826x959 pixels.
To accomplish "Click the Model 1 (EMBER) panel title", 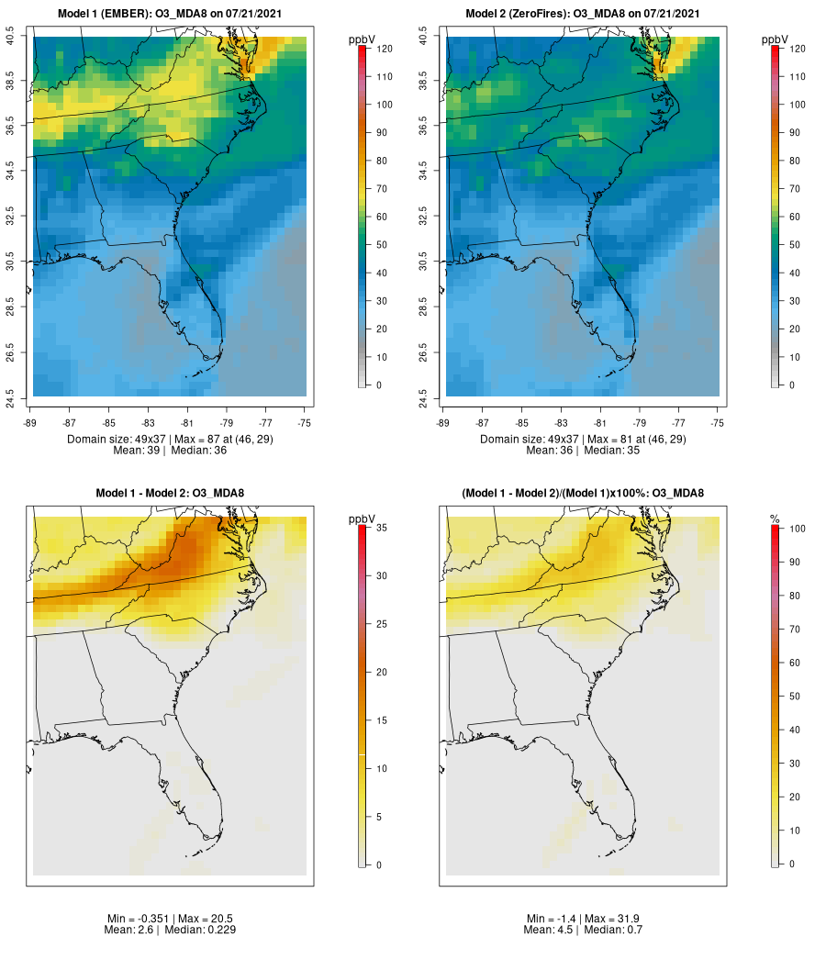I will click(169, 14).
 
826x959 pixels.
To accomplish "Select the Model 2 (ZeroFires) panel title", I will click(583, 14).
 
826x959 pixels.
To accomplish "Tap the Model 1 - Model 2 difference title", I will click(170, 494).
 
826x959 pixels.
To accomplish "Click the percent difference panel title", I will click(583, 494).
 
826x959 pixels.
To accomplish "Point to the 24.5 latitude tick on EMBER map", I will click(11, 397).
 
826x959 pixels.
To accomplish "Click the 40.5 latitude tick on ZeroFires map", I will click(424, 37).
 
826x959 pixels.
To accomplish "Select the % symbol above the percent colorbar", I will click(776, 520).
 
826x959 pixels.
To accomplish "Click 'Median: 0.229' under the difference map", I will click(198, 930).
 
